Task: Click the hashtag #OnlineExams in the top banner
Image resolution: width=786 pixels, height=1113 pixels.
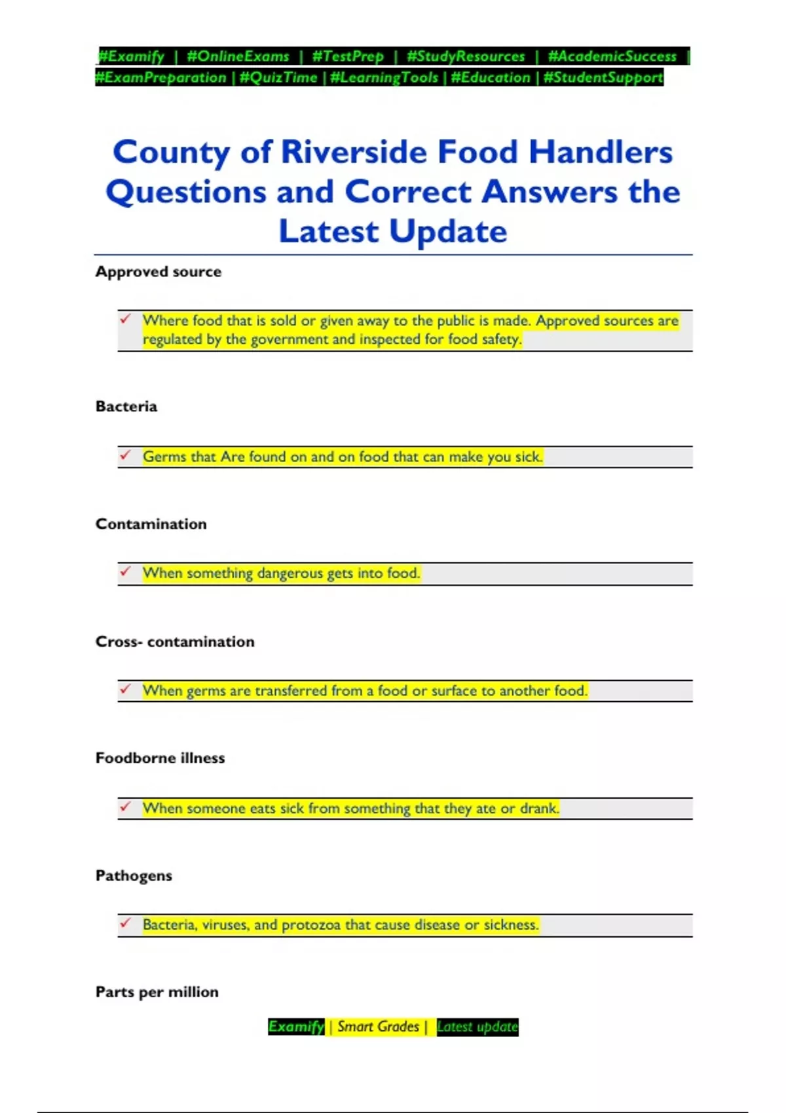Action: pyautogui.click(x=238, y=56)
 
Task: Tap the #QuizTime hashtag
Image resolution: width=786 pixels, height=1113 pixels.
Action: pyautogui.click(x=278, y=78)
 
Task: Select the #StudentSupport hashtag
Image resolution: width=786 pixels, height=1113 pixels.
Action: pyautogui.click(x=603, y=78)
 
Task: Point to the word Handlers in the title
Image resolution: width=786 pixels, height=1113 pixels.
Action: pyautogui.click(x=601, y=153)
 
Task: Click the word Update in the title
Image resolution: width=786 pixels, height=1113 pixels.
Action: pyautogui.click(x=448, y=232)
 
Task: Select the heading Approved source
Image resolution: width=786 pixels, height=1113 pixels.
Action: pyautogui.click(x=159, y=272)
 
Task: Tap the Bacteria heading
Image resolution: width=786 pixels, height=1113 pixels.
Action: pyautogui.click(x=126, y=407)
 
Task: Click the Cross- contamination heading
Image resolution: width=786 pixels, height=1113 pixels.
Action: pyautogui.click(x=175, y=642)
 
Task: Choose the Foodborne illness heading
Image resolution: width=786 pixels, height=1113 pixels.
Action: pyautogui.click(x=160, y=758)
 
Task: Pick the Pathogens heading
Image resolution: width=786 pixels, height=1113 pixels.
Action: pyautogui.click(x=134, y=876)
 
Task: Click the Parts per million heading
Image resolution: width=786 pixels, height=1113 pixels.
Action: pyautogui.click(x=157, y=992)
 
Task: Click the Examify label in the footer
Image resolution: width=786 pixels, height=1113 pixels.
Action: pyautogui.click(x=296, y=1027)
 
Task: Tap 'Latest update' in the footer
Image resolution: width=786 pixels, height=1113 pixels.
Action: pyautogui.click(x=477, y=1027)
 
